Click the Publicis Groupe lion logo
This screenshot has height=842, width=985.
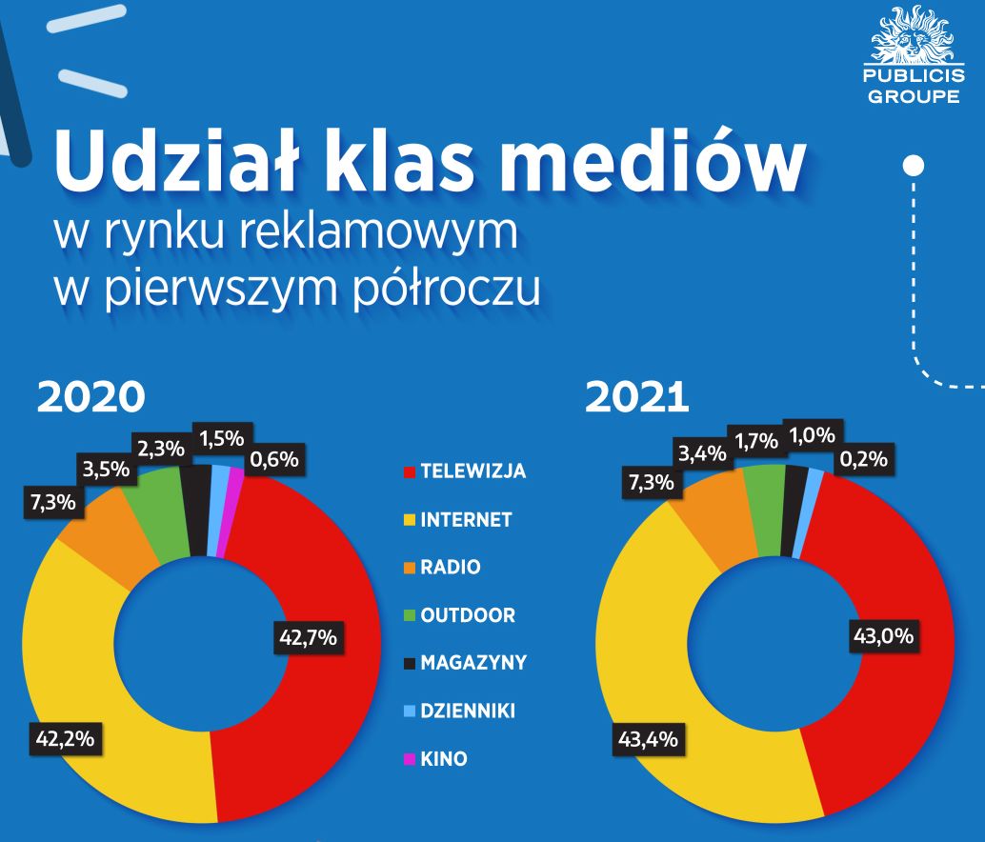point(911,38)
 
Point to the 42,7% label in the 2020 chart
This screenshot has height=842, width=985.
point(307,638)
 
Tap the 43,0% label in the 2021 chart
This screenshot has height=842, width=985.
point(882,637)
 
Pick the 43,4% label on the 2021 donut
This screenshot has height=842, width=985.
point(646,740)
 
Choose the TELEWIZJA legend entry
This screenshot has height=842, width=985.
point(472,471)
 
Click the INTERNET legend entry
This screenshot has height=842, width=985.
point(466,520)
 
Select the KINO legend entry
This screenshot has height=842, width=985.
point(443,760)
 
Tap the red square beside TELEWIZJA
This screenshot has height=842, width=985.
point(410,472)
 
